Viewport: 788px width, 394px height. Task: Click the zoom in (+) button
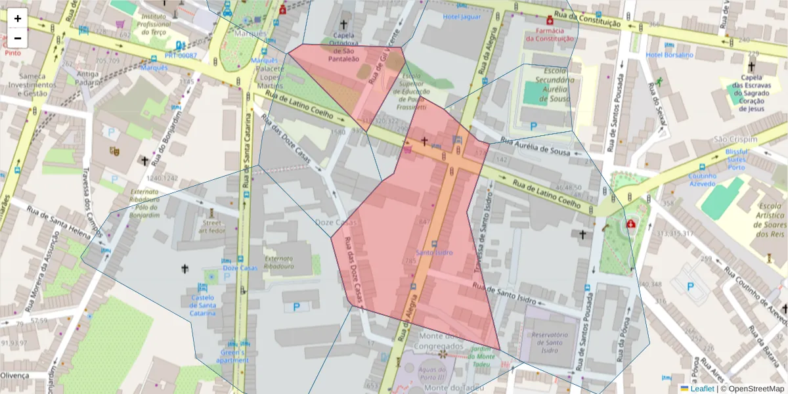point(18,18)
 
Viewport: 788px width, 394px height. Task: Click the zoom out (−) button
point(18,38)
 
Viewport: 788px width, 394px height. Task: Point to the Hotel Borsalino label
point(669,55)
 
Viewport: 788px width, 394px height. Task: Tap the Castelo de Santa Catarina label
point(203,305)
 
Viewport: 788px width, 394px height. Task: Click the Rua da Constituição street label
point(588,18)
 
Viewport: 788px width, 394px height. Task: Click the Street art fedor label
point(212,227)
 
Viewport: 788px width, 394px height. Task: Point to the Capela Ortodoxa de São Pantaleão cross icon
point(342,24)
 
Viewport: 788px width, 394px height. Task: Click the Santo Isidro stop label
point(434,253)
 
